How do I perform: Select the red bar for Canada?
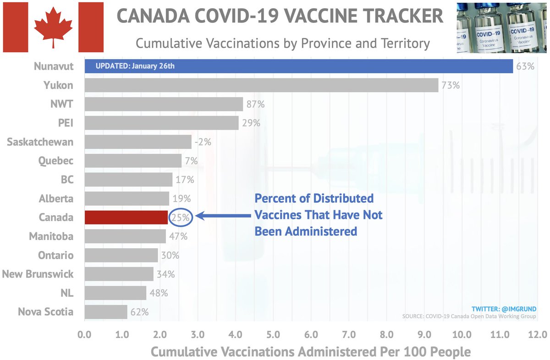126,218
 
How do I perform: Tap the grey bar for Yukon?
261,85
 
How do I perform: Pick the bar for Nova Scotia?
105,312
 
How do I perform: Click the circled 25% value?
181,218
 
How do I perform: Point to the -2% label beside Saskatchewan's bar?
203,142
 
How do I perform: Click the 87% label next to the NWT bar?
255,104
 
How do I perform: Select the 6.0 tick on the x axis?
311,335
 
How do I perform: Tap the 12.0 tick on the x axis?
534,335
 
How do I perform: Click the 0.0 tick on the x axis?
84,335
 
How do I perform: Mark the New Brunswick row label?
38,274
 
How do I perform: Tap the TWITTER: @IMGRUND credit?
504,309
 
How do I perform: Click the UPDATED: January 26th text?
135,66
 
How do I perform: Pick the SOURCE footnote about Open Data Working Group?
468,316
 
